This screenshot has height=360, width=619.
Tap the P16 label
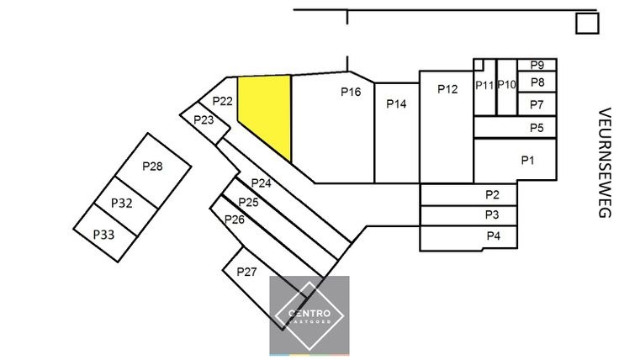coord(351,93)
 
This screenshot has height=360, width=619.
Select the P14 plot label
coord(396,103)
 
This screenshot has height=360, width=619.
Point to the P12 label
coord(447,88)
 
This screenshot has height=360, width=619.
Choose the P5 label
coord(537,127)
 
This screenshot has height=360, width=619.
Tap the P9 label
coord(537,65)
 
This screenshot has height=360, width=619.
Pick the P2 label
coord(493,194)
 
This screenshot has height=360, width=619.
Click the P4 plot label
coord(494,236)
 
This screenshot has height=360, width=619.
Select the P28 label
coord(152,167)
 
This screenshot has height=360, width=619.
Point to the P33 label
coord(103,234)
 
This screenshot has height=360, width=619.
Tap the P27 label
coord(246,272)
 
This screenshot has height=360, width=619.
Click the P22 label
coord(222,101)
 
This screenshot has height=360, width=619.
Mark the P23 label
coord(204,119)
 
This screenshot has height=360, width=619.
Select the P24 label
coord(261,183)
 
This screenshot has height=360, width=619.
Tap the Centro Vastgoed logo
coord(309,315)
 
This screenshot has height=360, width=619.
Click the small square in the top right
coord(586,24)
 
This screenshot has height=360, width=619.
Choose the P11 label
coord(484,85)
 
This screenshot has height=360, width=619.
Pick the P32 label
coord(122,204)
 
